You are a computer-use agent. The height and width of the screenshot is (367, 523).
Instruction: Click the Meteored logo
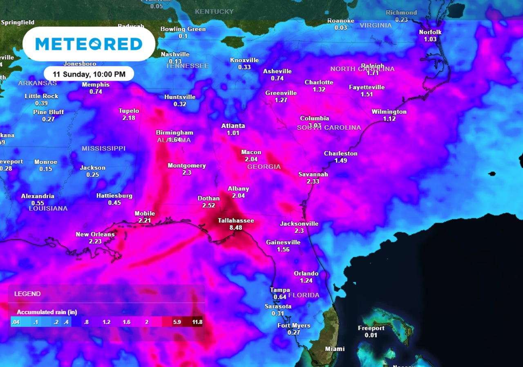[x=89, y=44]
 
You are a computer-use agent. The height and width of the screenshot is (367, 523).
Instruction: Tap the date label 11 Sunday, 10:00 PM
[x=89, y=74]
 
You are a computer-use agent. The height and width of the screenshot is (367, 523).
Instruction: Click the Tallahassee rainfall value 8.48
[x=236, y=227]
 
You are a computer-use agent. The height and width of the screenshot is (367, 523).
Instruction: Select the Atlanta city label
[x=233, y=126]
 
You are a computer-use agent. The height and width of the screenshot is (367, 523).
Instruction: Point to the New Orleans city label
[x=95, y=234]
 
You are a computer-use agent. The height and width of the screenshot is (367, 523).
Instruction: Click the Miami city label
[x=335, y=349]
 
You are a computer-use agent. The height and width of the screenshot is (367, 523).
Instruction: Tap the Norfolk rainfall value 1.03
[x=430, y=39]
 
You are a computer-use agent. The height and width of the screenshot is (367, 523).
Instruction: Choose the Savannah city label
[x=313, y=174]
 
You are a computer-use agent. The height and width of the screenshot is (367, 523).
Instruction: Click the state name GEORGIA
[x=264, y=167]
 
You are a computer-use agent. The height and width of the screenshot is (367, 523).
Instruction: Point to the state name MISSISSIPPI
[x=103, y=148]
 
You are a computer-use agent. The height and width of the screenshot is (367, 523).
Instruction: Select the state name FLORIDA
[x=304, y=295]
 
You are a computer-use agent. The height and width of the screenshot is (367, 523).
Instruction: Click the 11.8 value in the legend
[x=197, y=322]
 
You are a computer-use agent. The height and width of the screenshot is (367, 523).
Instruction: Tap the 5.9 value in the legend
[x=177, y=322]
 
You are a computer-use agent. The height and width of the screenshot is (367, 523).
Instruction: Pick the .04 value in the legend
[x=16, y=322]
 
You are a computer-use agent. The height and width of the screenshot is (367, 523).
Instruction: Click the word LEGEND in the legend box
[x=27, y=294]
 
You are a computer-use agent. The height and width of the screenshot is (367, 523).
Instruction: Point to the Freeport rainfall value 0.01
[x=371, y=335]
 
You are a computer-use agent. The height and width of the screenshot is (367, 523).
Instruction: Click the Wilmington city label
[x=389, y=112]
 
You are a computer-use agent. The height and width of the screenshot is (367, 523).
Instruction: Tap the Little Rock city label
[x=41, y=96]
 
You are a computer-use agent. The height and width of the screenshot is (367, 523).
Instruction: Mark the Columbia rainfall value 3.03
[x=315, y=125]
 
